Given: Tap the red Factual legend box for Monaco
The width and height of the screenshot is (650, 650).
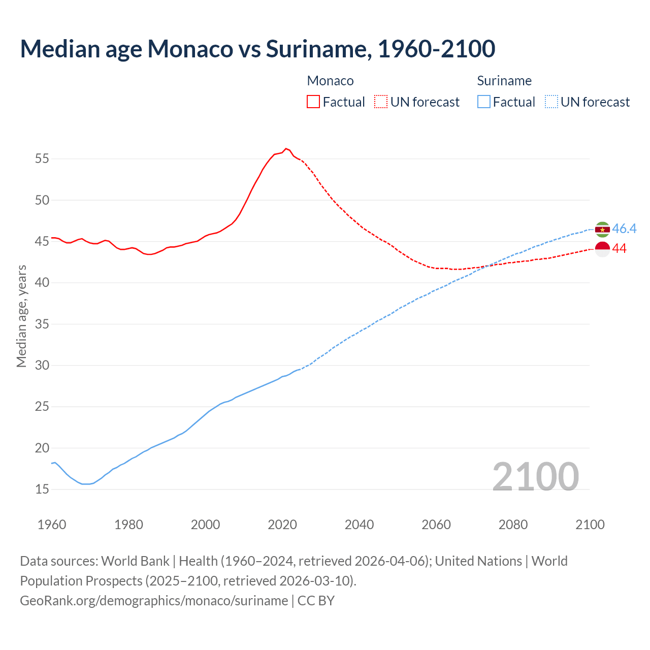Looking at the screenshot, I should (x=313, y=102).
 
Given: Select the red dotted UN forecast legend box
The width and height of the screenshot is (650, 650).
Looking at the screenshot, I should (x=381, y=102).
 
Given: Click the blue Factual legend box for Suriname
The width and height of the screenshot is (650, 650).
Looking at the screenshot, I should (x=484, y=102).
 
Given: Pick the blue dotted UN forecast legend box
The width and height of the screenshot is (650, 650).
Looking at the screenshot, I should (x=551, y=102).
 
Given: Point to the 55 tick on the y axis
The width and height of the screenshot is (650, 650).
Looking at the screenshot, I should (x=42, y=158).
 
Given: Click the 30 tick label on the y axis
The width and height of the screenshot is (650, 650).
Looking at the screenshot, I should (x=42, y=365).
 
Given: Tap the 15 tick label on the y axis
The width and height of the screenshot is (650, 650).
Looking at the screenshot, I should (x=42, y=489).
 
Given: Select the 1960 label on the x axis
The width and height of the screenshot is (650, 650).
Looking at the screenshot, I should (x=52, y=525).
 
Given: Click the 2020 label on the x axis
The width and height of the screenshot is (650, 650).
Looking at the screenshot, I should (x=282, y=525).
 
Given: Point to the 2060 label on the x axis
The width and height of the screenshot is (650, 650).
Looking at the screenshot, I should (x=436, y=525).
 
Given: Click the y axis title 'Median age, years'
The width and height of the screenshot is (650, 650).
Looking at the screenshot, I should (x=21, y=316).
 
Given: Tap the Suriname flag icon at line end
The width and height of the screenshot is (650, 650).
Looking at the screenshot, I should (x=602, y=230).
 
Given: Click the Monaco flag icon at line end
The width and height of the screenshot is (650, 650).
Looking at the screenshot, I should (x=602, y=249).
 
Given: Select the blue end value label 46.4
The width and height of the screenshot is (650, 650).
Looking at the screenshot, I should (x=624, y=229).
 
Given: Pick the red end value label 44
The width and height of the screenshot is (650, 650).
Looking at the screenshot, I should (x=619, y=249).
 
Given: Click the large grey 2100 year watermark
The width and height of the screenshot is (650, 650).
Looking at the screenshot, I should (x=535, y=476).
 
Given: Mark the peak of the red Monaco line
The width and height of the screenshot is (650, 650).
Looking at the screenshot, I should (x=286, y=148).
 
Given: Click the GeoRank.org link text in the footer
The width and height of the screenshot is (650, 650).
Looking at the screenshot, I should (x=154, y=601).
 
